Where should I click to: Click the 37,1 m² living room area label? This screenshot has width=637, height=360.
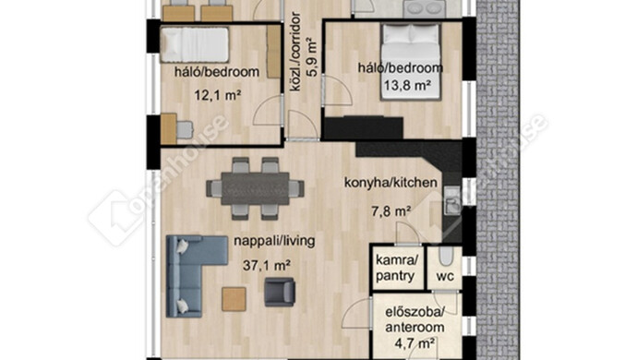pyautogui.click(x=267, y=266)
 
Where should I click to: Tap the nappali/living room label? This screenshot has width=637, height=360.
pyautogui.click(x=274, y=241)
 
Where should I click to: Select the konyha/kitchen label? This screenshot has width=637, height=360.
pyautogui.click(x=391, y=183)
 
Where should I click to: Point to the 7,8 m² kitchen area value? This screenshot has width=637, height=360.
pyautogui.click(x=391, y=211)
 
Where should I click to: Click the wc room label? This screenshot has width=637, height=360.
pyautogui.click(x=445, y=276)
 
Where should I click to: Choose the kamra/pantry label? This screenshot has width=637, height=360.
pyautogui.click(x=395, y=268)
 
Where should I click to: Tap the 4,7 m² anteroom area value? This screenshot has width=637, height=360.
pyautogui.click(x=415, y=343)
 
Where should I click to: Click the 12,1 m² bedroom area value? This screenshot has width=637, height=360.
pyautogui.click(x=217, y=95)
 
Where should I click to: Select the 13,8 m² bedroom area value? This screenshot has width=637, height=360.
pyautogui.click(x=407, y=85)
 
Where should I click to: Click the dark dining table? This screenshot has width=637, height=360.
pyautogui.click(x=255, y=188)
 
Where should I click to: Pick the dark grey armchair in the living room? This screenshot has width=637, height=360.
pyautogui.click(x=280, y=292)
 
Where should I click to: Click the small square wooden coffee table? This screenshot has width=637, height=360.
pyautogui.click(x=234, y=299)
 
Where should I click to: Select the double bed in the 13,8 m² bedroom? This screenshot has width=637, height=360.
pyautogui.click(x=410, y=61)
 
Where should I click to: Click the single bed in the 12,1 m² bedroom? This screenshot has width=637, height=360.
pyautogui.click(x=194, y=45)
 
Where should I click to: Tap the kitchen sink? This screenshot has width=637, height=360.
pyautogui.click(x=451, y=200)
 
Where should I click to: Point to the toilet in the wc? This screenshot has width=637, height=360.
pyautogui.click(x=446, y=257)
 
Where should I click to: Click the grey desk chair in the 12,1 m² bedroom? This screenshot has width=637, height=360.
pyautogui.click(x=185, y=129)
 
